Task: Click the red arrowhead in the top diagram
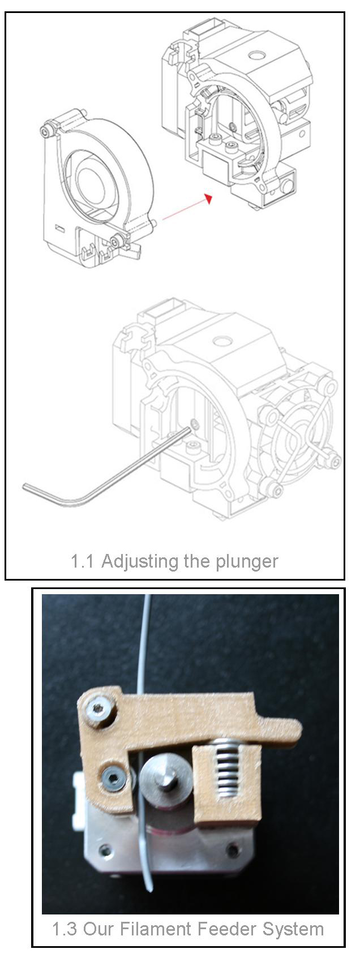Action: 209,198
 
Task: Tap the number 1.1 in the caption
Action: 82,561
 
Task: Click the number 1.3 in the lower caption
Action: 65,929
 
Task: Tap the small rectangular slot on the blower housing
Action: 59,226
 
